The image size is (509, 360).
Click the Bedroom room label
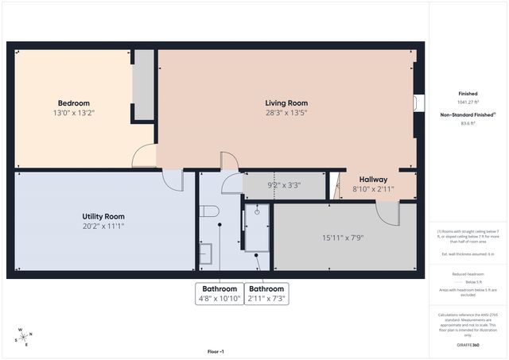point(73,103)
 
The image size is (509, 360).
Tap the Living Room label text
point(286,103)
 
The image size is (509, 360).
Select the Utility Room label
point(103,216)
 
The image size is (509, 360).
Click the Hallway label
point(373,180)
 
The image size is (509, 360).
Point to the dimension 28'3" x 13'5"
point(286,114)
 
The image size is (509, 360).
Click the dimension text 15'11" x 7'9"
point(343,238)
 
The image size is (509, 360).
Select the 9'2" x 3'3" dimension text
point(284,185)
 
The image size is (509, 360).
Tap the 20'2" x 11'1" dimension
point(103,226)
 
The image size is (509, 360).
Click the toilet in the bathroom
point(209,211)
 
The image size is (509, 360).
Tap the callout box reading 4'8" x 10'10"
point(220,293)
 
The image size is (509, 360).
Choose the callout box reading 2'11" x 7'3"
point(266,293)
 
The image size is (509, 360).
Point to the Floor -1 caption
point(216,351)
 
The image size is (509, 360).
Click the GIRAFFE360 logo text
point(468,345)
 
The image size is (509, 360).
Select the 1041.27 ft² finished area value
point(468,102)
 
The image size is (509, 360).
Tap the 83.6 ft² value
point(468,123)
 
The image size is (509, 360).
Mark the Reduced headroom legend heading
point(468,273)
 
